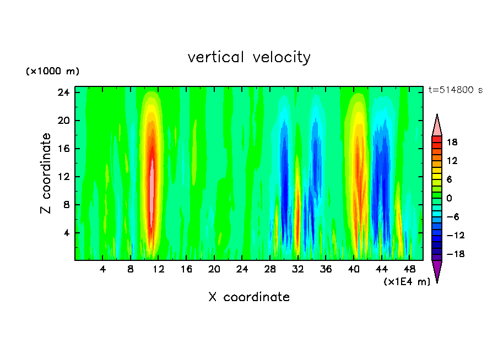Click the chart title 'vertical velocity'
[x=249, y=57]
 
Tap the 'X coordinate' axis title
[x=249, y=297]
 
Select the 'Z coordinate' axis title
[x=46, y=173]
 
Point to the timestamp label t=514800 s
[x=455, y=90]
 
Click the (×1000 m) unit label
[x=53, y=72]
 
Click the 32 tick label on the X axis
[x=298, y=270]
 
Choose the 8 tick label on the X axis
[x=131, y=270]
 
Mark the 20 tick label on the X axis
[x=214, y=270]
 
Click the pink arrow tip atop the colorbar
[x=437, y=125]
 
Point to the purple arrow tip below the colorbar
[x=437, y=271]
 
